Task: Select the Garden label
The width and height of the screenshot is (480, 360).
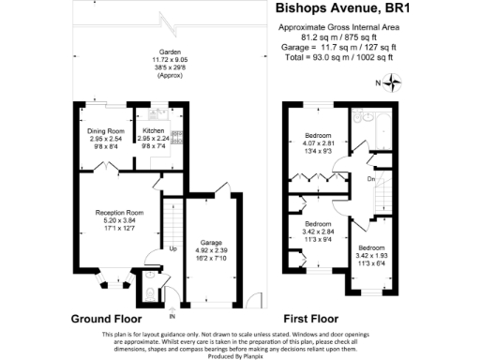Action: point(170,52)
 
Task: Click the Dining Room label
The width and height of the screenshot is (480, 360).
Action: point(106,130)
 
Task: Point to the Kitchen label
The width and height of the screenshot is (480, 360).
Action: point(154,130)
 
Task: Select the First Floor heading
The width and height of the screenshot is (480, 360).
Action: point(317,319)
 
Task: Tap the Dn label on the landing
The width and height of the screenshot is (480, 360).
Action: point(370,178)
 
